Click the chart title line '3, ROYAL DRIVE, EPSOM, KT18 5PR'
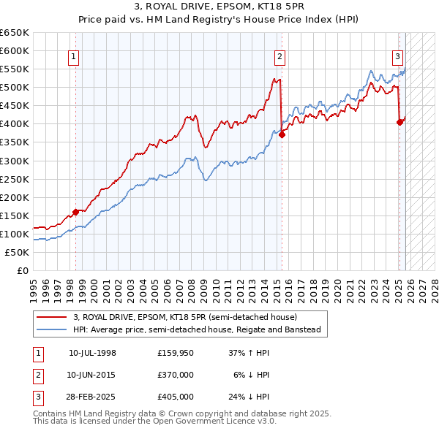click(x=219, y=7)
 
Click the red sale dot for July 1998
click(x=76, y=212)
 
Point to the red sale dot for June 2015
click(x=282, y=134)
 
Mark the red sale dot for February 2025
click(x=399, y=122)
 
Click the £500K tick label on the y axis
click(x=15, y=88)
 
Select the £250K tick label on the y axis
click(x=15, y=179)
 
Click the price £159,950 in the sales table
click(x=175, y=353)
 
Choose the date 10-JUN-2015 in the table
click(x=92, y=375)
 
